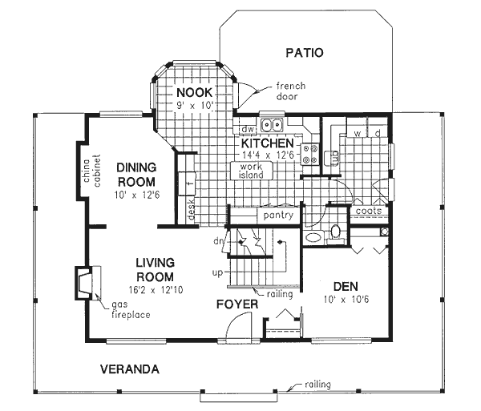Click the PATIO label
click(x=303, y=54)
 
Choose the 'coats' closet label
click(x=369, y=212)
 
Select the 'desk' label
click(x=192, y=209)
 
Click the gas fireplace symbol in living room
click(x=83, y=281)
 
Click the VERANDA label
click(x=129, y=370)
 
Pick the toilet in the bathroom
click(x=336, y=232)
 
